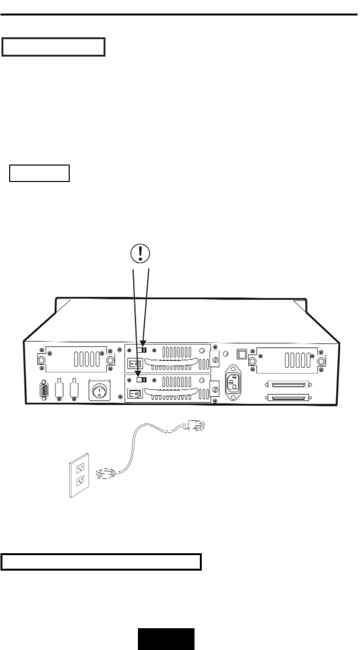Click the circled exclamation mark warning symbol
click(x=140, y=253)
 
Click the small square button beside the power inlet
click(x=240, y=354)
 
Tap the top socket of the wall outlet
click(x=81, y=468)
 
